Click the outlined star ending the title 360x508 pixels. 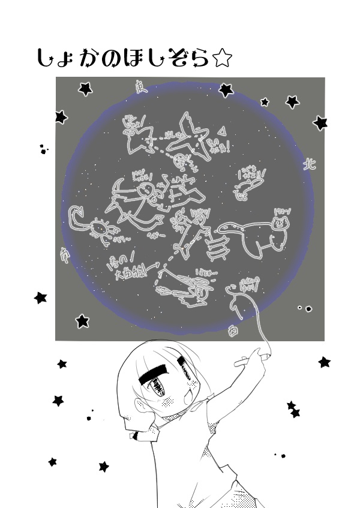click(221, 58)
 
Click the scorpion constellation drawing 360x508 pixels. click(90, 225)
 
